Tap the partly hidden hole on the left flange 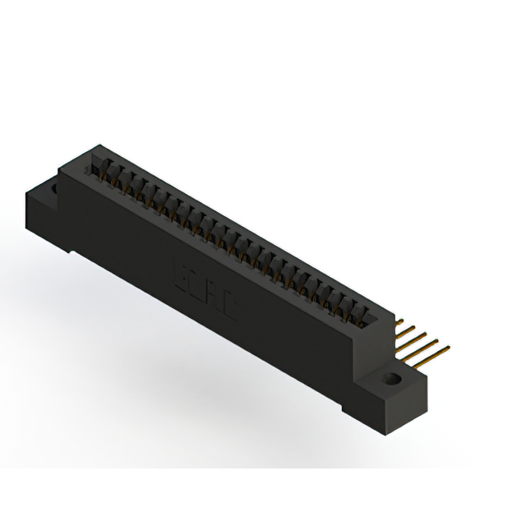pyautogui.click(x=55, y=191)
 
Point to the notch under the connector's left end pyautogui.click(x=74, y=250)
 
